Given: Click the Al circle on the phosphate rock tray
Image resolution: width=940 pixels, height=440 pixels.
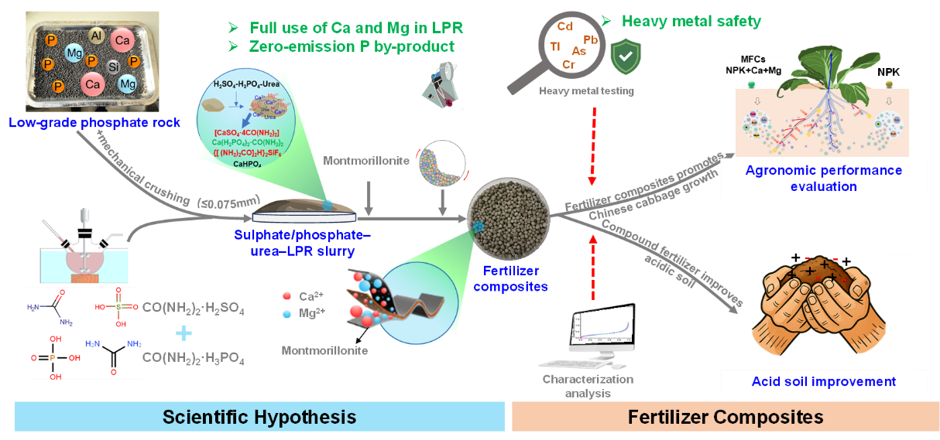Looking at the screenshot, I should [x=96, y=36].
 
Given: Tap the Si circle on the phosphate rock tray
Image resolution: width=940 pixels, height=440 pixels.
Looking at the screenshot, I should [x=113, y=67].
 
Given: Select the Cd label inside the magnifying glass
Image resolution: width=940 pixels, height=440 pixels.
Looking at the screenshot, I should [x=565, y=27].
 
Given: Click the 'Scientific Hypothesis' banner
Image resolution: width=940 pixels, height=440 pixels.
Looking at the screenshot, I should [x=259, y=418].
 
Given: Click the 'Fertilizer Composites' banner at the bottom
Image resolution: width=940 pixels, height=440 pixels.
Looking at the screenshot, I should [x=726, y=418].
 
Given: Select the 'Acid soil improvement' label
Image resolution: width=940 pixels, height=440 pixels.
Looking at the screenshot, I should [x=823, y=381].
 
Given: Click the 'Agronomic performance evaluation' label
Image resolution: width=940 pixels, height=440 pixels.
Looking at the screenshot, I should [x=823, y=178].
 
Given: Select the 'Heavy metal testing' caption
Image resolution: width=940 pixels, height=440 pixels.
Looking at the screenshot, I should [x=588, y=91].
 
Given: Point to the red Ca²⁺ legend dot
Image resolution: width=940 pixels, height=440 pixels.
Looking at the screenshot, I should [x=287, y=295].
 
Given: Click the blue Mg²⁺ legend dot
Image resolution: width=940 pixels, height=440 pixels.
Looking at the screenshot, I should [x=287, y=315].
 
